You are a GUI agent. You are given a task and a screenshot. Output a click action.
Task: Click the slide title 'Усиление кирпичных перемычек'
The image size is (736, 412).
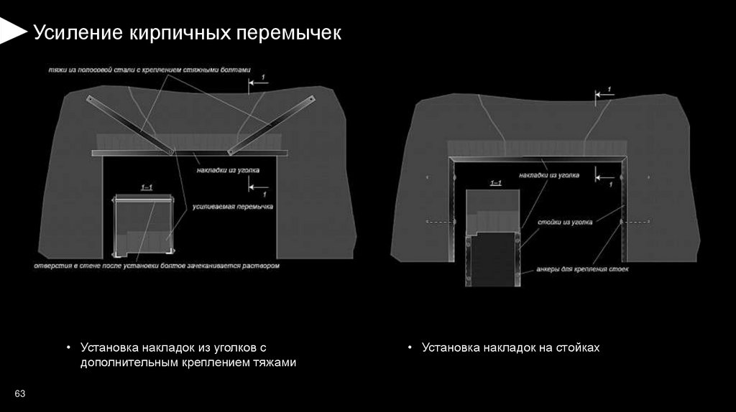pyautogui.click(x=188, y=33)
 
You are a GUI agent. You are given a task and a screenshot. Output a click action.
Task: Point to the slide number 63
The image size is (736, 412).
pyautogui.click(x=19, y=394)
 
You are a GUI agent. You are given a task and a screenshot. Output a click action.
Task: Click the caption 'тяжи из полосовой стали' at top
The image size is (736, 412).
pyautogui.click(x=149, y=70)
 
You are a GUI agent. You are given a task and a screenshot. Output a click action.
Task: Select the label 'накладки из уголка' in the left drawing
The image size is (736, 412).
pyautogui.click(x=228, y=171)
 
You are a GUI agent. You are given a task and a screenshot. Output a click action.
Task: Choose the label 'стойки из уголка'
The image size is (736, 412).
pyautogui.click(x=565, y=223)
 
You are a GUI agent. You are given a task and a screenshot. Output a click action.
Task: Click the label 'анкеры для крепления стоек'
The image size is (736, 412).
pyautogui.click(x=582, y=270)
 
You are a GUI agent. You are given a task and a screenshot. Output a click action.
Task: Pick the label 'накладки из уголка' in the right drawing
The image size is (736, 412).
pyautogui.click(x=551, y=175)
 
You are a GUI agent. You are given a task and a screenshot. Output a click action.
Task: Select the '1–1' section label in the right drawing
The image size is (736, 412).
pyautogui.click(x=495, y=184)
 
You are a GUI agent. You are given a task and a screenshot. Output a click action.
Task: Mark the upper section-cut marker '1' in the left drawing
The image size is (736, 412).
pyautogui.click(x=263, y=77)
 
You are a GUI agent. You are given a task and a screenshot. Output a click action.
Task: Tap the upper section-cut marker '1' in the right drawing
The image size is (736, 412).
pyautogui.click(x=609, y=89)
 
